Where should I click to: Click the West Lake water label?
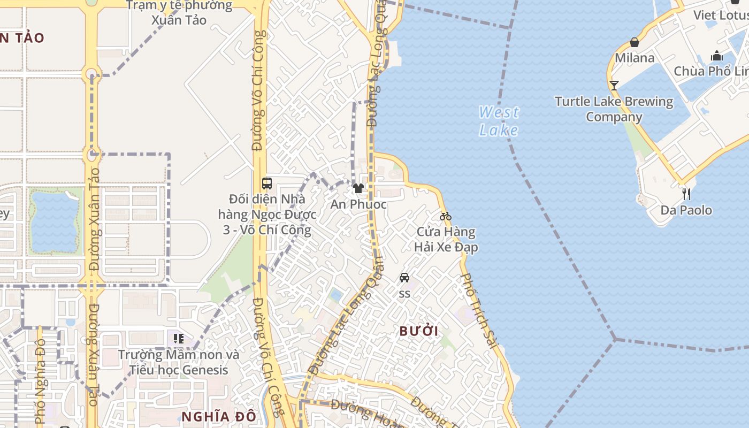coord(499,121)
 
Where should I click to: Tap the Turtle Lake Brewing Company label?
coord(614,109)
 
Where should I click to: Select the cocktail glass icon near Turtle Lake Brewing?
coord(614,86)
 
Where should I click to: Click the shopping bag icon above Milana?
coord(635,42)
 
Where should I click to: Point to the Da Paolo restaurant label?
coord(686,210)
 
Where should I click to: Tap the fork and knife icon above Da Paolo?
coord(686,194)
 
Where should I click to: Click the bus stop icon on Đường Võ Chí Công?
coord(267,184)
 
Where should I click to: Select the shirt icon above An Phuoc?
coord(358,188)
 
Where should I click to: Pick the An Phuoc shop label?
coord(358,204)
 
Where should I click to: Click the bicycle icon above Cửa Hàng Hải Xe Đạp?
coord(446,216)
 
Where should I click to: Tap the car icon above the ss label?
coord(404,278)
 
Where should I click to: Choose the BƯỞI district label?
coord(419,331)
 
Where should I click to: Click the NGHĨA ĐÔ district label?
coord(219,416)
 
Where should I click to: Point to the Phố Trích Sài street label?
coord(480,310)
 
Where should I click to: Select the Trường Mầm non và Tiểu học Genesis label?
coord(178,362)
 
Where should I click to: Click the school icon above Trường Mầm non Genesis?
coord(178,338)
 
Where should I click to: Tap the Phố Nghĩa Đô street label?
coord(40,381)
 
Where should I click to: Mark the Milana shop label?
coord(635,58)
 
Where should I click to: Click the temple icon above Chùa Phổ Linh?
coord(716,56)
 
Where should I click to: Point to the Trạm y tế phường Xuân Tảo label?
coord(179,13)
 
